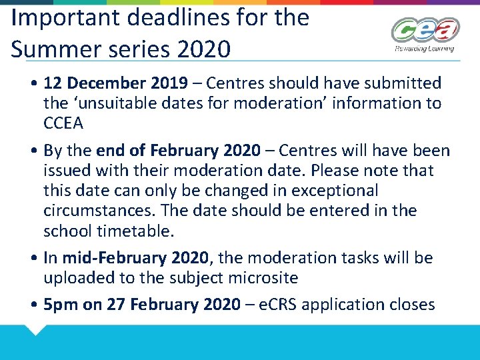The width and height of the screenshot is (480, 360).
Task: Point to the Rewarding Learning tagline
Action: pyautogui.click(x=424, y=49)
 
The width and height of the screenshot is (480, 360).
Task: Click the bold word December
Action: pyautogui.click(x=107, y=83)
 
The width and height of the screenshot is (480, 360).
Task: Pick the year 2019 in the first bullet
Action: pyautogui.click(x=170, y=83)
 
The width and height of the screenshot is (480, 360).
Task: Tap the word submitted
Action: pyautogui.click(x=407, y=83)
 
